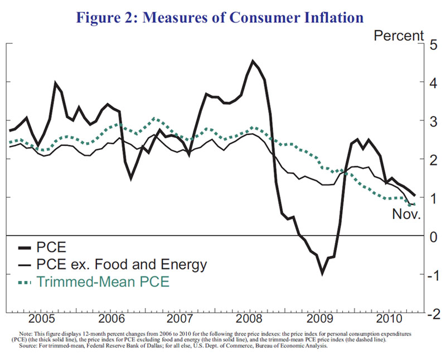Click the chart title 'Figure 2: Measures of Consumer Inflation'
click(222, 17)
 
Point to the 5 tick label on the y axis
click(432, 43)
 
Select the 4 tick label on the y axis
click(432, 82)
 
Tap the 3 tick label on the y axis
click(432, 120)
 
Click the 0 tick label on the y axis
click(432, 236)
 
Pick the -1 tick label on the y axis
click(429, 275)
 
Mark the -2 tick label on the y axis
click(429, 314)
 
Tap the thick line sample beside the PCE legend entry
click(26, 245)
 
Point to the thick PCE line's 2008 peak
click(253, 61)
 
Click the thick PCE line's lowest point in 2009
click(322, 274)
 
